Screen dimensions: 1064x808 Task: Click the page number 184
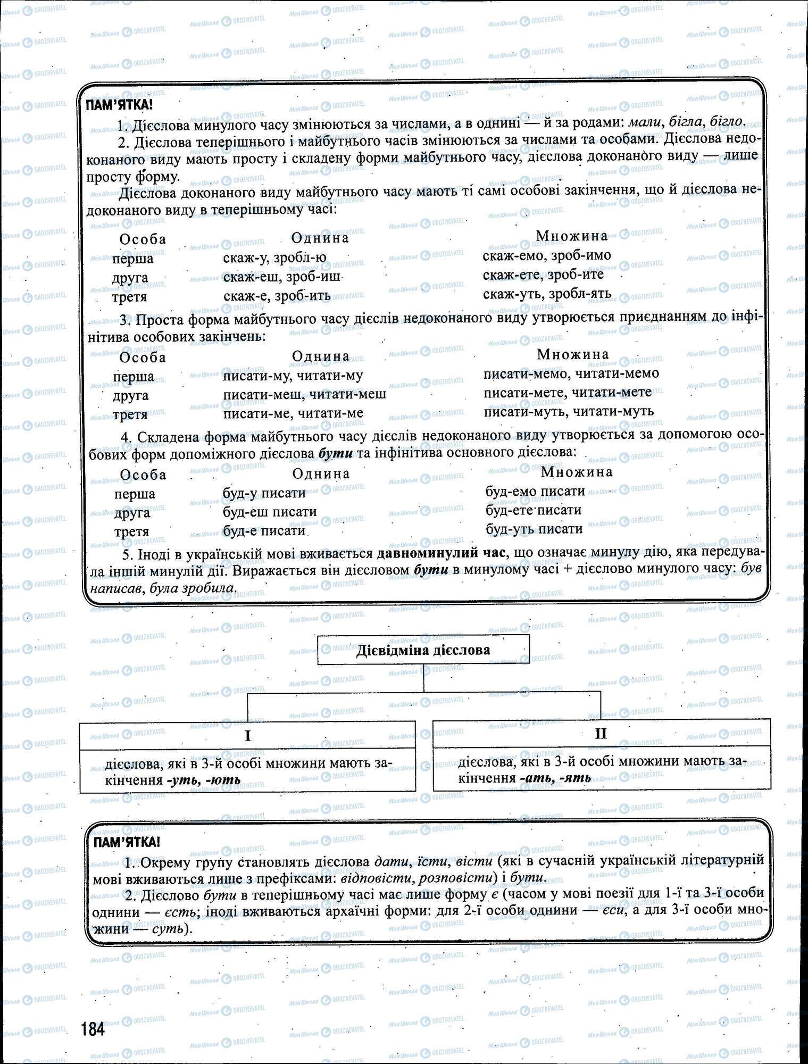click(x=93, y=1029)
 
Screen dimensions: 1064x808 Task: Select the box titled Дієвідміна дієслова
click(x=423, y=650)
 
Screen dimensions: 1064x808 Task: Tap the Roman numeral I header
click(x=247, y=735)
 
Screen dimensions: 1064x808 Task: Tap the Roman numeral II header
click(x=601, y=733)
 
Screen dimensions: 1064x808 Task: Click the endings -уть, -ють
click(x=203, y=780)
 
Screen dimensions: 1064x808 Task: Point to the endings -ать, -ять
click(x=555, y=778)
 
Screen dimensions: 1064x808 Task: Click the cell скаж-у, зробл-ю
click(x=274, y=258)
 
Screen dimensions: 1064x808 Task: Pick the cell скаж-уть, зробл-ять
click(x=547, y=293)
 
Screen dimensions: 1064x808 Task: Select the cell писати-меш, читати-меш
click(x=304, y=394)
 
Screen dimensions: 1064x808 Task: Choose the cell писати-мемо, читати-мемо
click(x=571, y=373)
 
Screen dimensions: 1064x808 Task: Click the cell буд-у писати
click(x=264, y=493)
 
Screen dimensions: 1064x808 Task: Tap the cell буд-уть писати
click(x=534, y=529)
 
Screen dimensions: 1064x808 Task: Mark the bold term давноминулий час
click(x=440, y=553)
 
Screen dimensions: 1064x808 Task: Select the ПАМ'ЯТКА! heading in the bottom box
click(x=126, y=842)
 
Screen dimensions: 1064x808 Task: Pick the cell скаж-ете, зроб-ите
click(x=543, y=275)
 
